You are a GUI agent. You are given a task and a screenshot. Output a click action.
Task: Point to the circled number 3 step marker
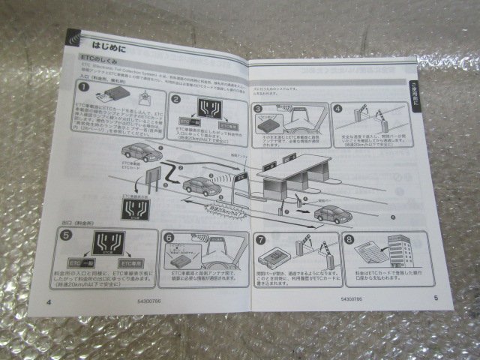[258, 109]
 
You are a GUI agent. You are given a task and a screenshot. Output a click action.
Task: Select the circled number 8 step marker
[348, 241]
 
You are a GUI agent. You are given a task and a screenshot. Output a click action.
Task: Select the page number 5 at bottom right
[435, 297]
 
